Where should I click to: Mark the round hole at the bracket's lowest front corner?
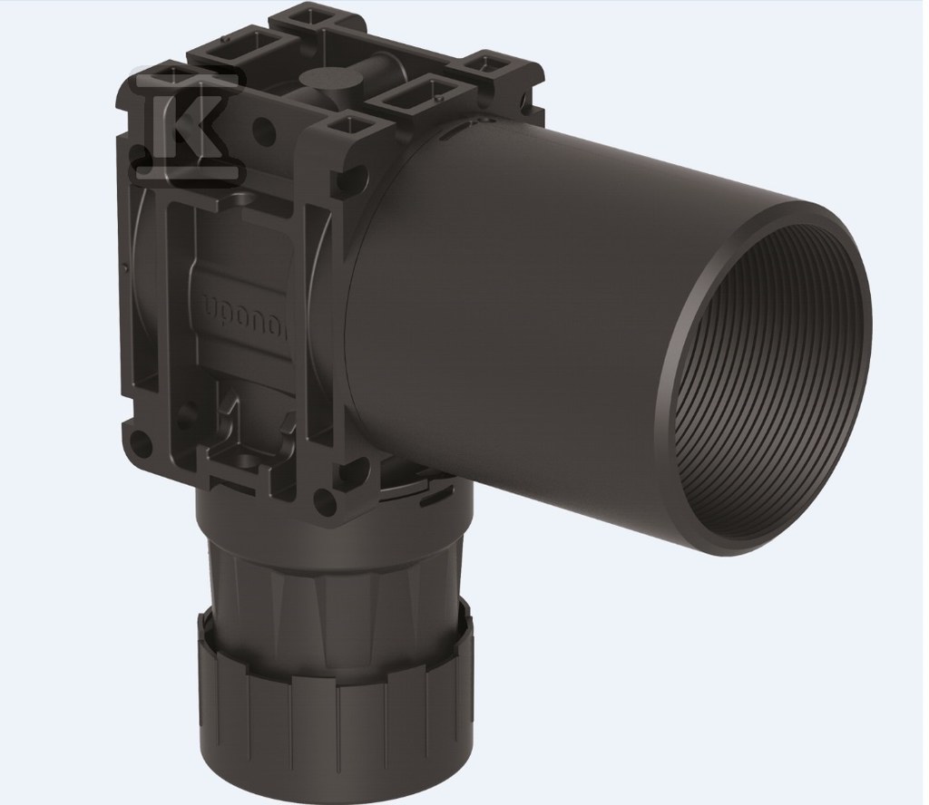[320, 498]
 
